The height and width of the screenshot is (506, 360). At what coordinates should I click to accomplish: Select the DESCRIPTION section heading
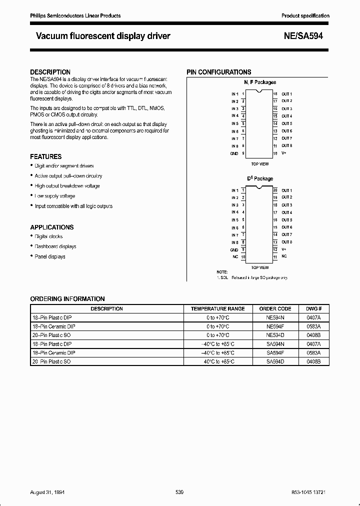tap(50, 72)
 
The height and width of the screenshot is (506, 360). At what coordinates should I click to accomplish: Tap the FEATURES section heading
tap(46, 156)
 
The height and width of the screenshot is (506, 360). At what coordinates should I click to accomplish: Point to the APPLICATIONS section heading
tap(51, 227)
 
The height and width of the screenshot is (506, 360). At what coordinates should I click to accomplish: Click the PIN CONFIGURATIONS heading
tap(218, 72)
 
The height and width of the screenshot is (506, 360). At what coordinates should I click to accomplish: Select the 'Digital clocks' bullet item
tap(48, 236)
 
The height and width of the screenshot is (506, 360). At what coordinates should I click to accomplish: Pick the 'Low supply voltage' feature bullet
tap(54, 196)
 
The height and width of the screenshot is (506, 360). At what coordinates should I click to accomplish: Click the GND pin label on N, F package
tap(234, 153)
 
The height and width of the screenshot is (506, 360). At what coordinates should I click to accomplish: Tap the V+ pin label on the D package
tap(283, 249)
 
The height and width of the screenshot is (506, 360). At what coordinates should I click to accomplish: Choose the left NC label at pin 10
tap(235, 257)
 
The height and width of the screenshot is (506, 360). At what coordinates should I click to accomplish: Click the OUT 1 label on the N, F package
tap(286, 94)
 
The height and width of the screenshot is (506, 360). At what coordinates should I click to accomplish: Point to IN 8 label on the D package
tap(234, 242)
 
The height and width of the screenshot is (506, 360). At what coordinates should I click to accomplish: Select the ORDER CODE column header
tap(275, 308)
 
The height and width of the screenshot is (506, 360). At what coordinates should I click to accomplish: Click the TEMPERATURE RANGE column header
tap(217, 308)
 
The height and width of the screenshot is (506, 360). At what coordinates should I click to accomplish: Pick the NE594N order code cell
tap(275, 316)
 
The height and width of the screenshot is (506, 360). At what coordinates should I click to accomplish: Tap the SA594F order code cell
tap(275, 352)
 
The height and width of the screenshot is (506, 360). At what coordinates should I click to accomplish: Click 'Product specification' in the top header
tap(305, 16)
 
